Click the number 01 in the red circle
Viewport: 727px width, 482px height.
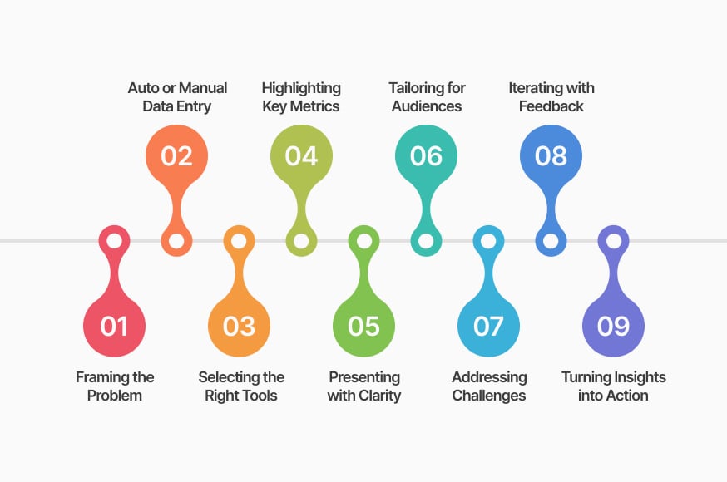(x=114, y=326)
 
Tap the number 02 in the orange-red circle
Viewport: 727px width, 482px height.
(x=176, y=156)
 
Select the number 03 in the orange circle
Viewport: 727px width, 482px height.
(x=239, y=326)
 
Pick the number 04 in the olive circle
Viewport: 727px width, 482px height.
(x=301, y=156)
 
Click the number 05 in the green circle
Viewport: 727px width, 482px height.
(x=364, y=326)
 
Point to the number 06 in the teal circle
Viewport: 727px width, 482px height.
(x=426, y=156)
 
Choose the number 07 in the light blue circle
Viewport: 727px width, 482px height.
(x=488, y=326)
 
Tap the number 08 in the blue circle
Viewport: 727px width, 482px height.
(x=551, y=156)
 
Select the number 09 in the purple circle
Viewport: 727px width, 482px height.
(x=613, y=326)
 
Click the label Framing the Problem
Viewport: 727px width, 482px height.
(x=115, y=386)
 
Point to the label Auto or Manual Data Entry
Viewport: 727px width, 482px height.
(x=177, y=96)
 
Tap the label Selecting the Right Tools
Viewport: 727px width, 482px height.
(x=241, y=386)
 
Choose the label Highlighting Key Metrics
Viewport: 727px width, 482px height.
(x=301, y=96)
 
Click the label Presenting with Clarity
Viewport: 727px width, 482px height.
(x=364, y=386)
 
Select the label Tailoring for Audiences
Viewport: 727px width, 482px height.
(x=427, y=96)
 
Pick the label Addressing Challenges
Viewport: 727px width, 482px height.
(x=489, y=386)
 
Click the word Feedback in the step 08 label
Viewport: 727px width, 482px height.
(x=551, y=106)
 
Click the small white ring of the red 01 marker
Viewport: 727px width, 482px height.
(x=114, y=241)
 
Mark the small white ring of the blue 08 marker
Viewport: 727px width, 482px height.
(x=551, y=241)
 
